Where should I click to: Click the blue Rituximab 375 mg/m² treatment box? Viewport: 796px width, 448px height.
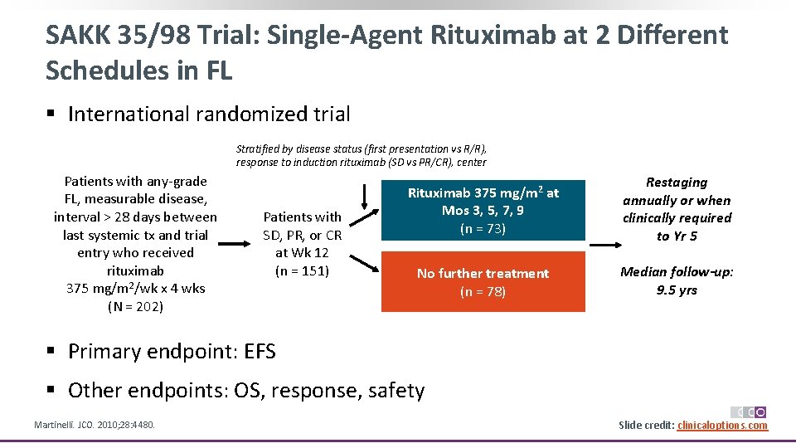click(483, 211)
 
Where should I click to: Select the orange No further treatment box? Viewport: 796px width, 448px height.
click(483, 282)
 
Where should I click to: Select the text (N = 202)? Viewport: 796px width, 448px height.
click(135, 306)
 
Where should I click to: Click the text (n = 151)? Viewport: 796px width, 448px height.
click(302, 270)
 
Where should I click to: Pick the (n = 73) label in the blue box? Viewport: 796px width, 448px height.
click(483, 229)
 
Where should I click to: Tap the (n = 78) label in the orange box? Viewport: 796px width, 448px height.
click(483, 291)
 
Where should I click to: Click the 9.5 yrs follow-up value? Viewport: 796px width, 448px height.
click(677, 290)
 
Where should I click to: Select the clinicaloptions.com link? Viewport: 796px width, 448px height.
click(722, 426)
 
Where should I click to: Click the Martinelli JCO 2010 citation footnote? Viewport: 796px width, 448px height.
click(94, 426)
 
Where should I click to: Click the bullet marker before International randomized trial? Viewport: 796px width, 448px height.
click(51, 114)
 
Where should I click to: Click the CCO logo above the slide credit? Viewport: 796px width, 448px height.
click(748, 412)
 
